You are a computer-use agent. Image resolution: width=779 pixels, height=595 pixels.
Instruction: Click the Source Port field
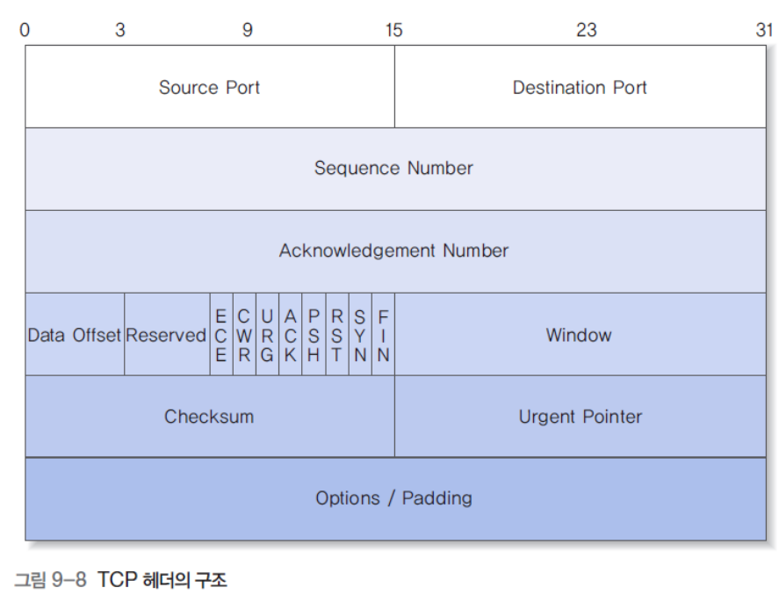pyautogui.click(x=209, y=88)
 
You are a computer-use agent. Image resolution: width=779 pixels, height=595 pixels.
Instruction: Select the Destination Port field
pyautogui.click(x=580, y=88)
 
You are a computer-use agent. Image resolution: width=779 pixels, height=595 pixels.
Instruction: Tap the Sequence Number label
pyautogui.click(x=393, y=168)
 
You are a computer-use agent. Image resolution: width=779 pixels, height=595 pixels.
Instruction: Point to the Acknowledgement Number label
pyautogui.click(x=393, y=250)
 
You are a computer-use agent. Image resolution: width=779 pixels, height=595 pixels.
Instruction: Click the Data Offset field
pyautogui.click(x=75, y=335)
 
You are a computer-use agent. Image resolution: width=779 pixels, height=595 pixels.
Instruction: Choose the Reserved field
pyautogui.click(x=166, y=335)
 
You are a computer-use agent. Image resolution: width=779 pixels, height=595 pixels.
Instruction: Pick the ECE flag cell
pyautogui.click(x=220, y=335)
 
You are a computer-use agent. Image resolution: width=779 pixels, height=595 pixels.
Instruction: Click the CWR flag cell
pyautogui.click(x=244, y=335)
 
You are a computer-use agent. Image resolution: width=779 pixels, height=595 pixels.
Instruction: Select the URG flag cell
pyautogui.click(x=267, y=335)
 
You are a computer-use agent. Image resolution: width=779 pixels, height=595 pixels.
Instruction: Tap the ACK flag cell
pyautogui.click(x=290, y=335)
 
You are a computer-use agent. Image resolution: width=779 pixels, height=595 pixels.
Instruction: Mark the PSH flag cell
pyautogui.click(x=314, y=335)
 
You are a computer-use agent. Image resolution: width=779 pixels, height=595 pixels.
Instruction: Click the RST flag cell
pyautogui.click(x=336, y=335)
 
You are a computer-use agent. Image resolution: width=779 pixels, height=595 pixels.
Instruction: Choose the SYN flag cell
pyautogui.click(x=360, y=335)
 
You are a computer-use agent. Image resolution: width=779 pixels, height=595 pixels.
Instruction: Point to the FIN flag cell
pyautogui.click(x=383, y=335)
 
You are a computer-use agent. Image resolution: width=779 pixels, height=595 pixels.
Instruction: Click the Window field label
pyautogui.click(x=579, y=335)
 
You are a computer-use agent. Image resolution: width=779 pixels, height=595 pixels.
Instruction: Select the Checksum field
pyautogui.click(x=209, y=417)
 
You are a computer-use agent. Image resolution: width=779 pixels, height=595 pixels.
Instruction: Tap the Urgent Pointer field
pyautogui.click(x=580, y=417)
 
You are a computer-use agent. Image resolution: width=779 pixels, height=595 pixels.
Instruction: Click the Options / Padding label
pyautogui.click(x=393, y=498)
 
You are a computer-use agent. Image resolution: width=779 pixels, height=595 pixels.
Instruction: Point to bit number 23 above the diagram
pyautogui.click(x=587, y=30)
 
